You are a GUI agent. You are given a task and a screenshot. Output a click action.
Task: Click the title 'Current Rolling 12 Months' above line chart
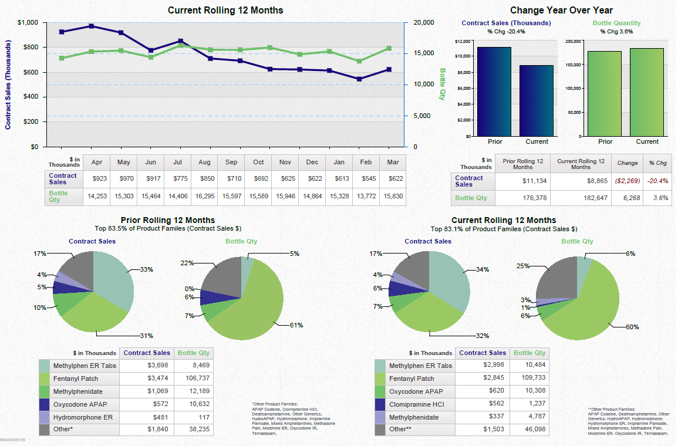225,10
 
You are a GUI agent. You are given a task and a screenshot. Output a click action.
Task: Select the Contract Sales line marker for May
121,33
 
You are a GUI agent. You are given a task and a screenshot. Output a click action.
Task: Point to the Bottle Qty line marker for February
359,61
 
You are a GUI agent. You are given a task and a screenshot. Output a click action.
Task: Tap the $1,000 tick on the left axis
28,22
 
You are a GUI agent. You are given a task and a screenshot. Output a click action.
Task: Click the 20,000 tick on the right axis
424,22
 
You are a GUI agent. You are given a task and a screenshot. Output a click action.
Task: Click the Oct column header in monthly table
258,162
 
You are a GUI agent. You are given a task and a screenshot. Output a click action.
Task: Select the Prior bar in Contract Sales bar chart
494,92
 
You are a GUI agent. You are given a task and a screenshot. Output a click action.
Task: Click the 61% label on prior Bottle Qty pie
296,325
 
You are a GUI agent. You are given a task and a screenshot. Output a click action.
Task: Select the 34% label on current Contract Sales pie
483,269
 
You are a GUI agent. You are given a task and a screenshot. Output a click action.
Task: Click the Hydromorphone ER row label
82,417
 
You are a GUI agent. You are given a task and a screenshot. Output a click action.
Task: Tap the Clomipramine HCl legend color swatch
380,404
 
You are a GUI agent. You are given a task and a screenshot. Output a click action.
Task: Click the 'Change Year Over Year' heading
561,10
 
